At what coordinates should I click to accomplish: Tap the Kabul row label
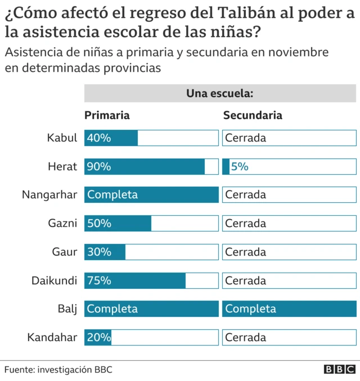tap(62, 138)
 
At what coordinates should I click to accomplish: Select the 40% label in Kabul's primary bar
tap(99, 138)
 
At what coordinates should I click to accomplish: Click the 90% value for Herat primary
tap(99, 166)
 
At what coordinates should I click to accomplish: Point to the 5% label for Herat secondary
tap(240, 166)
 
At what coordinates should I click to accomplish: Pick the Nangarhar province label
tap(49, 195)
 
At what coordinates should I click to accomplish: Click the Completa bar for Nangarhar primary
tap(151, 195)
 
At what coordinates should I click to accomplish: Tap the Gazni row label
tap(62, 223)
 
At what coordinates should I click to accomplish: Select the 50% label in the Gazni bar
tap(99, 223)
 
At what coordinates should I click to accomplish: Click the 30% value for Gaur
tap(99, 252)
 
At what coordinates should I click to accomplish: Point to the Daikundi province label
tap(54, 280)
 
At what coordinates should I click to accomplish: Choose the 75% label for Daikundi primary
tap(99, 280)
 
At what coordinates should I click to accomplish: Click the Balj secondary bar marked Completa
tap(289, 309)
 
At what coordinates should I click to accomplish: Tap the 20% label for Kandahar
tap(99, 337)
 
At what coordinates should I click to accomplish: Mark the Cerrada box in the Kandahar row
tap(289, 337)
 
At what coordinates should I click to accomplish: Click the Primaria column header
tap(107, 115)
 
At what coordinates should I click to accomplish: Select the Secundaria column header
tap(253, 115)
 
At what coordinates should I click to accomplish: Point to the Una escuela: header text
tap(220, 93)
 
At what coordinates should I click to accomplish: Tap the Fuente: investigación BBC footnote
tap(58, 369)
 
